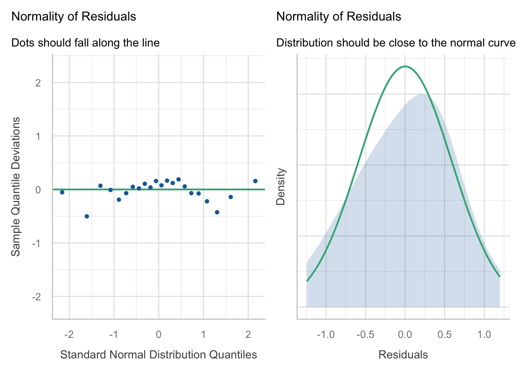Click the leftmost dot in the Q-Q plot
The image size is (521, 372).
62,192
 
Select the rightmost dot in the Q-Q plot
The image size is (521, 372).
255,181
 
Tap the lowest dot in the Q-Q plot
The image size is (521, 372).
87,216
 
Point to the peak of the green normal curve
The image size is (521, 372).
405,66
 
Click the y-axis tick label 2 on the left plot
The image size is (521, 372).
38,83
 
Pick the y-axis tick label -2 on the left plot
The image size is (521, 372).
36,297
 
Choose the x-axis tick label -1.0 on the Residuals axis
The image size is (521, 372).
326,335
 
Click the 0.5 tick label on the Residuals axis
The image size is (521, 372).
445,335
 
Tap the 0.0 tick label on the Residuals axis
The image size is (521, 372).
405,335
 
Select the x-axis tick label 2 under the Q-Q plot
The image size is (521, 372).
248,335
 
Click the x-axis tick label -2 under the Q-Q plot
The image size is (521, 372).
69,335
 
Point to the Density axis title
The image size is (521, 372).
281,187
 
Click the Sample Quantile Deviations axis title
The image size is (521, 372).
16,187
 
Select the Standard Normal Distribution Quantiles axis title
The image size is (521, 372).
159,355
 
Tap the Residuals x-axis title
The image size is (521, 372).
403,355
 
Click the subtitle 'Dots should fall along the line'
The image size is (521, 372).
86,43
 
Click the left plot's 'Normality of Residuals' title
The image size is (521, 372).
74,17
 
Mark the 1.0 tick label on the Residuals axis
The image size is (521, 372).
484,335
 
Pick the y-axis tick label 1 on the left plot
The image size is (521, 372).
38,136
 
